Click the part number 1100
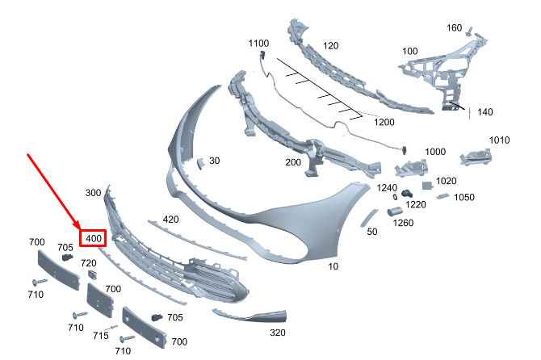(258, 43)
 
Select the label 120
(330, 46)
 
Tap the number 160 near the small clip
(455, 27)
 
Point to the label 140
(484, 112)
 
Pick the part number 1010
(499, 140)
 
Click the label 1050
(463, 197)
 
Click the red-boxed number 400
(93, 239)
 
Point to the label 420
(170, 219)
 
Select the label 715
(100, 336)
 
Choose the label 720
(88, 264)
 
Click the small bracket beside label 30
(200, 162)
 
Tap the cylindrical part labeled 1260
(396, 211)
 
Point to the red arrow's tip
(78, 231)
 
